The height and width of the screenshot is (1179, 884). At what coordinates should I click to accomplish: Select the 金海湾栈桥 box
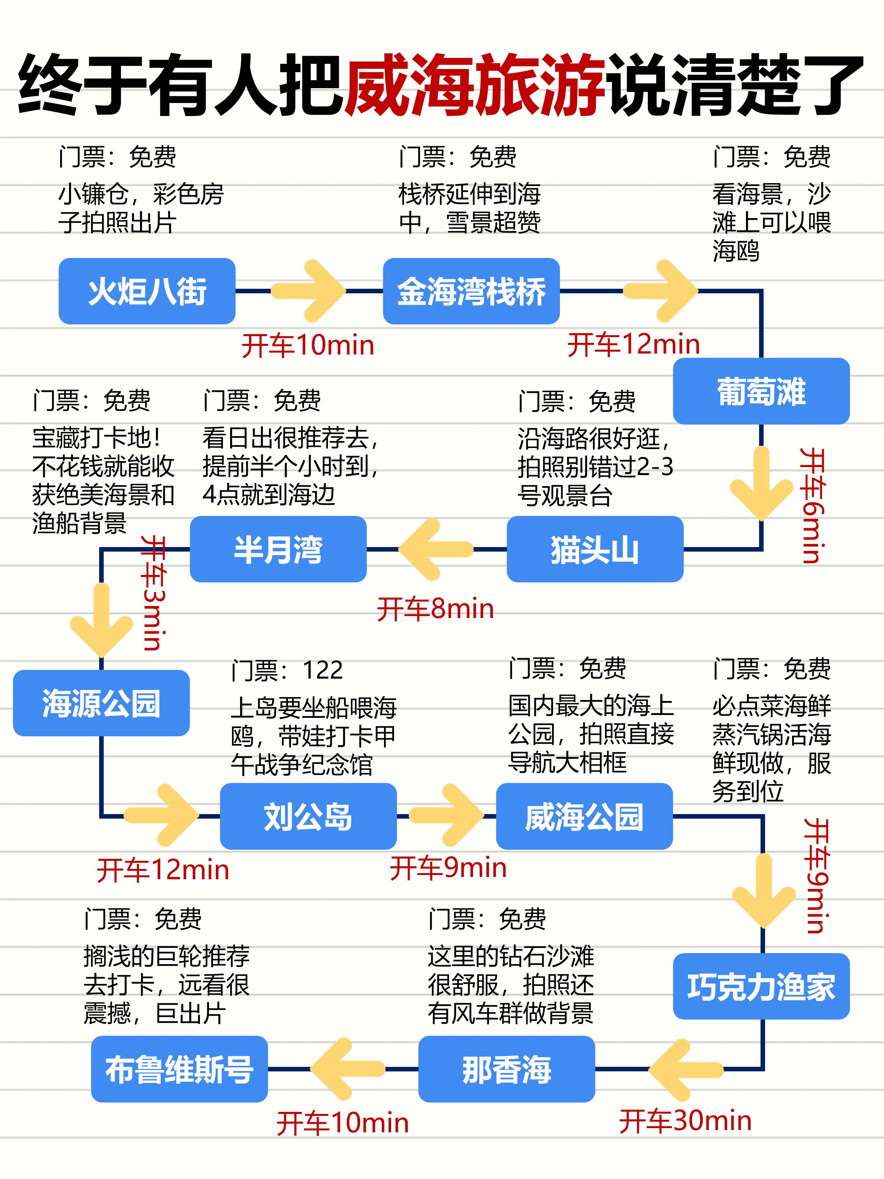click(471, 291)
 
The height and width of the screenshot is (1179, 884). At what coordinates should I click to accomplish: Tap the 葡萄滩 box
click(761, 391)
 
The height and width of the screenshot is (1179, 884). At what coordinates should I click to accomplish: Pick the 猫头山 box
click(595, 549)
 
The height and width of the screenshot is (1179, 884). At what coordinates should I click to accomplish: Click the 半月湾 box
click(278, 549)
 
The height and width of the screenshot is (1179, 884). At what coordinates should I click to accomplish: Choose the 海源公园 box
click(101, 703)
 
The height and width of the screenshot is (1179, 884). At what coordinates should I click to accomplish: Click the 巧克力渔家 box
click(761, 986)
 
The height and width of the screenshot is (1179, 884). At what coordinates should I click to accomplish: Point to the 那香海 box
click(506, 1069)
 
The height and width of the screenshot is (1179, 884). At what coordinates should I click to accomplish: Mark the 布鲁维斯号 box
click(179, 1069)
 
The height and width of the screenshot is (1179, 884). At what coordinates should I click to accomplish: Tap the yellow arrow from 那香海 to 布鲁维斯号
click(346, 1069)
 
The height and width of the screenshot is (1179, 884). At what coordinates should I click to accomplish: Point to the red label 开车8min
click(435, 609)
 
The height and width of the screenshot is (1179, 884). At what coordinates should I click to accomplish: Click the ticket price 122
click(322, 670)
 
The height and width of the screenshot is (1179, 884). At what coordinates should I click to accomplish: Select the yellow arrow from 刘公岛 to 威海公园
click(447, 815)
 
